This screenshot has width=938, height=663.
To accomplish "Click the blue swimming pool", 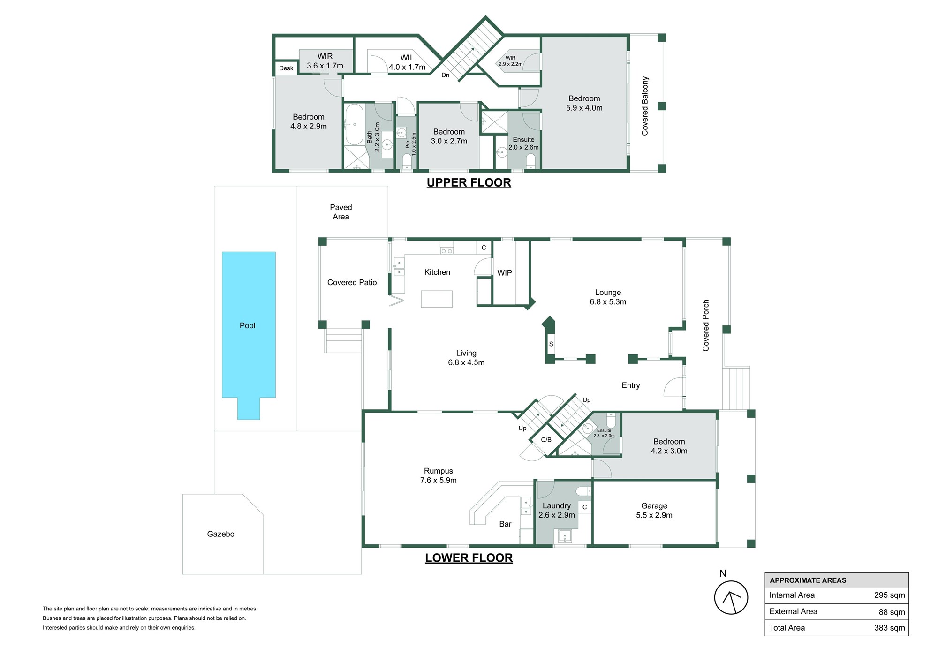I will point(249,325).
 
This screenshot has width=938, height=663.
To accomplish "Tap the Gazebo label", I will point(220,534).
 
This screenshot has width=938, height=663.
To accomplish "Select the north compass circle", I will point(731,597).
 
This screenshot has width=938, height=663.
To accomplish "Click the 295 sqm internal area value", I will point(889,595).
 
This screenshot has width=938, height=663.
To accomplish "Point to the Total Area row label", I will point(787,628).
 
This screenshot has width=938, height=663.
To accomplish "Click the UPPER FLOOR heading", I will point(469,183).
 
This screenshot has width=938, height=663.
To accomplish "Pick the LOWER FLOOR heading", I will point(469,558).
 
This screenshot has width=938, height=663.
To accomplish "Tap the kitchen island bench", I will point(436,299).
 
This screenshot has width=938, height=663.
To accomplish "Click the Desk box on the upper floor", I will point(286,68).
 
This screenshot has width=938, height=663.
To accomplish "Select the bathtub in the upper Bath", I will point(354,124).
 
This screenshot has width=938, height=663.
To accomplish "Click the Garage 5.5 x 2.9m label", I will point(654,511).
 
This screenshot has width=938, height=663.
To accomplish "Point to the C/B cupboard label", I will point(546,440).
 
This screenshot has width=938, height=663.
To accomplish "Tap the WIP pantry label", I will point(504,273).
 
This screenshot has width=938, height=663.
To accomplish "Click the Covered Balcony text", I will point(645,106).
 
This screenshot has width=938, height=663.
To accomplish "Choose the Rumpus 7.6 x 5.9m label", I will point(438,475).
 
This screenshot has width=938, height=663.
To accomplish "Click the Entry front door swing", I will point(673,387).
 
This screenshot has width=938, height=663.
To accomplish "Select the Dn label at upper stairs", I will point(445,75).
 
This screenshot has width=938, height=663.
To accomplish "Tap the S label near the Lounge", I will point(551,344).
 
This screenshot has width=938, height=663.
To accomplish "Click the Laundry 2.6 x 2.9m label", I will point(556,510).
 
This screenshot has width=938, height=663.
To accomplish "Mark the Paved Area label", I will point(340,212).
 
